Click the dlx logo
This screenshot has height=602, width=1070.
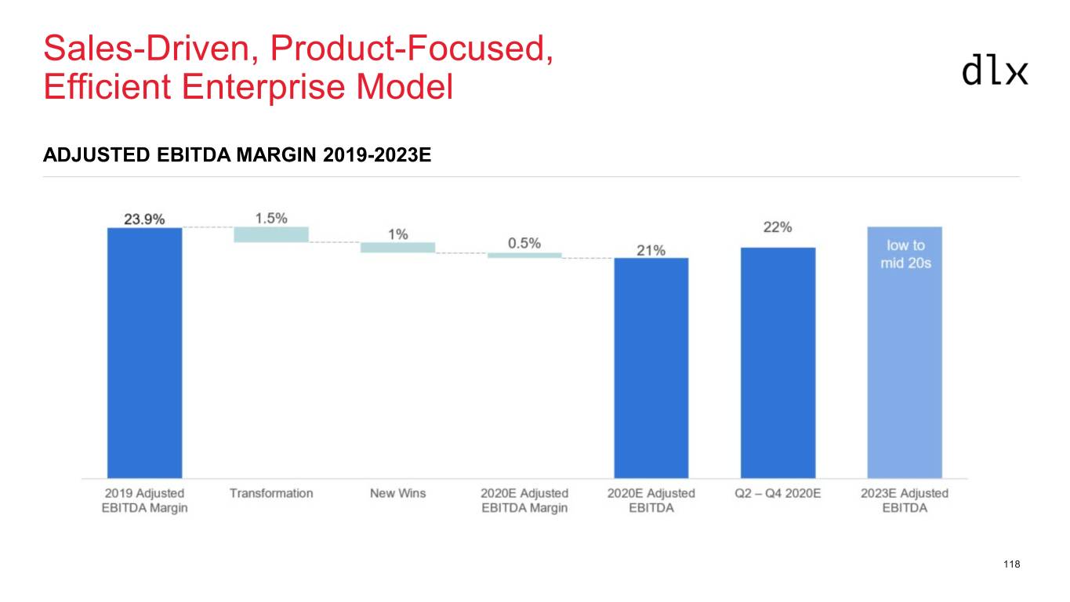994,70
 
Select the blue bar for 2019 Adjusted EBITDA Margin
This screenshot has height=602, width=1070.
144,353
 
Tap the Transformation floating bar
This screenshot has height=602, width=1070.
271,234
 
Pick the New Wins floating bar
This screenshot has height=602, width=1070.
397,247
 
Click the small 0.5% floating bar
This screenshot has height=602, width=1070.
524,255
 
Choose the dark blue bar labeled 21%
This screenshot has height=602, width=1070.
651,368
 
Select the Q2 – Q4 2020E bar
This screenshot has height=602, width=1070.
778,362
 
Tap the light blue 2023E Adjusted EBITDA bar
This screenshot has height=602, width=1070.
904,353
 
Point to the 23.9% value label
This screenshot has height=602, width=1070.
144,219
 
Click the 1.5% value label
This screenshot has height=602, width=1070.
270,218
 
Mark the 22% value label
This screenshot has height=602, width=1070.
778,227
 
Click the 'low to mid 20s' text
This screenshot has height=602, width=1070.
905,254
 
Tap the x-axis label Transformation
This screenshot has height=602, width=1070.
271,493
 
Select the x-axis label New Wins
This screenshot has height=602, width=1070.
397,493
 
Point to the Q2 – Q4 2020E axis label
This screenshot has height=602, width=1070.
778,493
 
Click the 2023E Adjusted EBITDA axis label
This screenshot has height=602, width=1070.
904,500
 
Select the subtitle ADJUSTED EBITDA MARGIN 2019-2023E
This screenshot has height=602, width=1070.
237,154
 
